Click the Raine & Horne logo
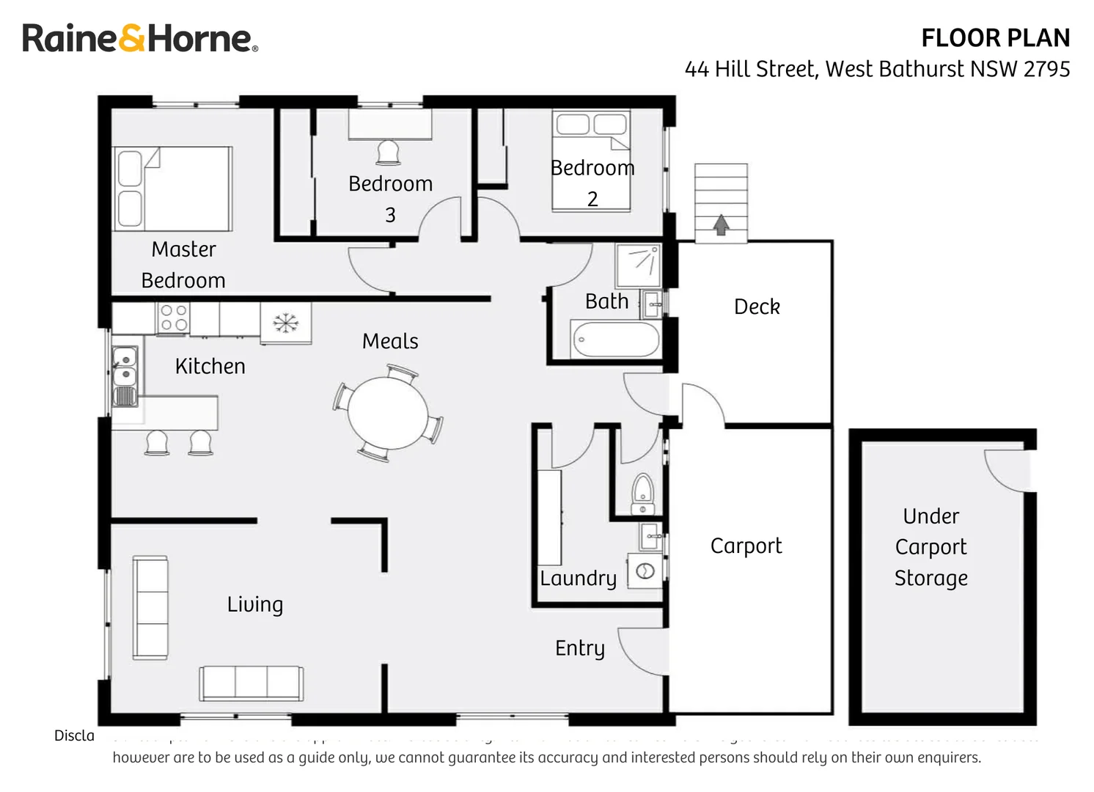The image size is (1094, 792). click(x=139, y=38)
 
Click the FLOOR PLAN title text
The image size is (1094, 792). click(x=995, y=38)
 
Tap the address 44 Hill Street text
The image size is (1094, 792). click(x=877, y=69)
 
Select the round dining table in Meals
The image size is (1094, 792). click(x=388, y=412)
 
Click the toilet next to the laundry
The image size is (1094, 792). click(x=642, y=493)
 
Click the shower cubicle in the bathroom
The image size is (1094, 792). click(x=638, y=265)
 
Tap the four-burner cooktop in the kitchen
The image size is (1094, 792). click(x=174, y=318)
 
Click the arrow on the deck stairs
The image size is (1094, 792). click(x=721, y=224)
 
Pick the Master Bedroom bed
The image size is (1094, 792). click(x=173, y=189)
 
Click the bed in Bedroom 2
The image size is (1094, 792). click(x=591, y=161)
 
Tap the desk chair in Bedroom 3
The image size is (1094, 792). click(x=388, y=153)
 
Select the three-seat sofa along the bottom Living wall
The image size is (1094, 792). click(x=251, y=683)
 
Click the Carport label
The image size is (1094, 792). click(x=746, y=546)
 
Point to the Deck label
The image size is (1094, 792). click(x=757, y=307)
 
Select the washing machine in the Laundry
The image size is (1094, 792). click(x=645, y=571)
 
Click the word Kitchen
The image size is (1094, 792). click(x=210, y=366)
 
